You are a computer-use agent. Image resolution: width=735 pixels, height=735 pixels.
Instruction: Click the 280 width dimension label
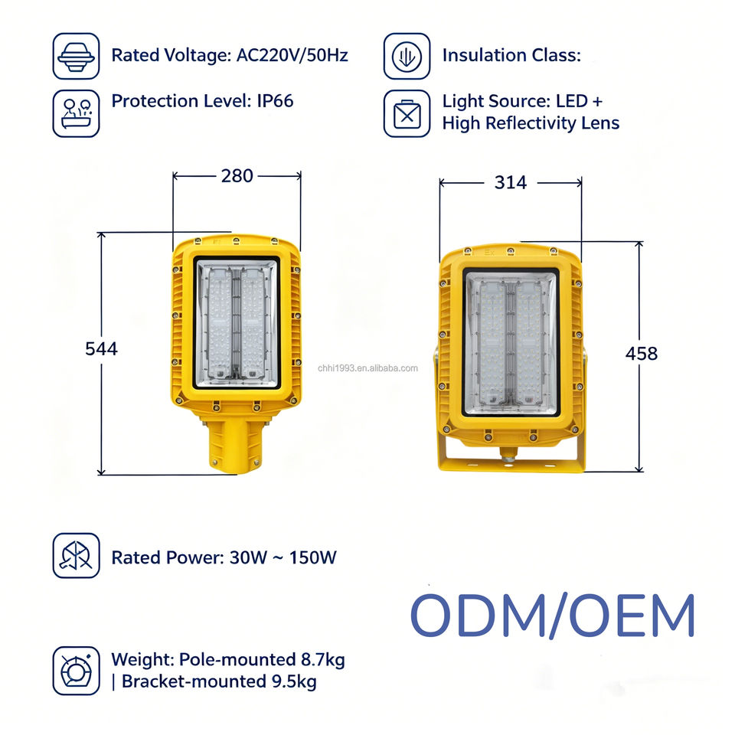(x=237, y=176)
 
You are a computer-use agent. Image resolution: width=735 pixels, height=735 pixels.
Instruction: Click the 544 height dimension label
(x=101, y=349)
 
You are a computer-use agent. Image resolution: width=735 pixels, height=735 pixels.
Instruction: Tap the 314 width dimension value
(x=511, y=182)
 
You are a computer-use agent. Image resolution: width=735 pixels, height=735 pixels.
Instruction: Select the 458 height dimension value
(x=642, y=354)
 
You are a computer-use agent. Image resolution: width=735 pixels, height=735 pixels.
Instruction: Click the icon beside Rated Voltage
(x=76, y=56)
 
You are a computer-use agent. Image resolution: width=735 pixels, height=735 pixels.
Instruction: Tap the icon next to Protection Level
(x=76, y=113)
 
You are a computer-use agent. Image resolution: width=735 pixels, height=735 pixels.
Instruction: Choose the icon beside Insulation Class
(x=407, y=56)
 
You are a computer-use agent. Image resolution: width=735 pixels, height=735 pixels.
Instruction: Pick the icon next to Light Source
(x=407, y=113)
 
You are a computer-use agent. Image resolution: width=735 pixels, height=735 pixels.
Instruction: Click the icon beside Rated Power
(x=76, y=556)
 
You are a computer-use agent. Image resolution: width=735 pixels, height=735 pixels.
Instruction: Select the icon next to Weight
(x=76, y=671)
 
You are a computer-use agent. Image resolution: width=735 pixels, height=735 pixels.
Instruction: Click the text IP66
(x=275, y=101)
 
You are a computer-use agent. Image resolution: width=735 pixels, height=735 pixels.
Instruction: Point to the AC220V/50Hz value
(x=292, y=55)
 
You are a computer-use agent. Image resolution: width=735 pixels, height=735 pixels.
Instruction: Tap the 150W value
(x=312, y=558)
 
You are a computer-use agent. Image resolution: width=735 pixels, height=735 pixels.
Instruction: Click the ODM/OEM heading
(x=552, y=615)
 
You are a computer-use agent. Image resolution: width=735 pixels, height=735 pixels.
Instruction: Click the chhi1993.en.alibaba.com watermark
(x=367, y=368)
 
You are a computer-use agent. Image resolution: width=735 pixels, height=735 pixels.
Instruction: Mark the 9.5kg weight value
(x=294, y=681)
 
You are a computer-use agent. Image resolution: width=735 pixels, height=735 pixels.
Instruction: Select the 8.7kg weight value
(x=322, y=660)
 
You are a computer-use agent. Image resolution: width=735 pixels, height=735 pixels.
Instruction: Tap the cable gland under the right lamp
(x=508, y=455)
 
